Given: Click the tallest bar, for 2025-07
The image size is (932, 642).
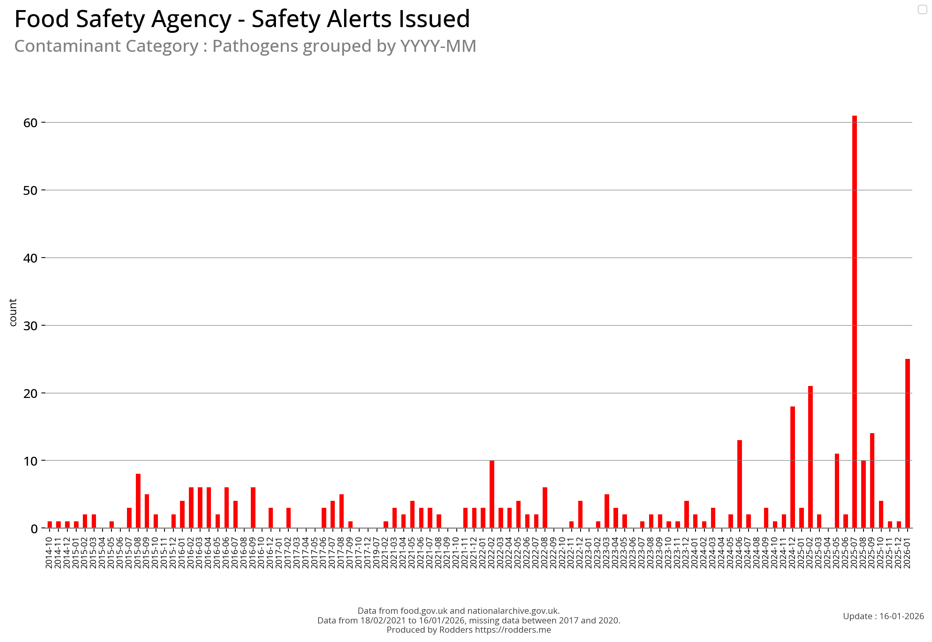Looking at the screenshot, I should pos(854,322).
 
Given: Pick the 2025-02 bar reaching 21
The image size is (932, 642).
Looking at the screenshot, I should pos(810,457).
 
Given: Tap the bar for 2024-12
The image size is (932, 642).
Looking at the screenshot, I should pos(792,467).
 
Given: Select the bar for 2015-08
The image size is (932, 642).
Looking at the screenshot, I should pos(138,501).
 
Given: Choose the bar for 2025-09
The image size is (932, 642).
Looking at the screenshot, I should pos(872,481).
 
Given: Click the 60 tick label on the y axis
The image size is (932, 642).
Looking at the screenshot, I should pos(30,123).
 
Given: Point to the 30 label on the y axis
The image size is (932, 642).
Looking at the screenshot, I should pos(30,326).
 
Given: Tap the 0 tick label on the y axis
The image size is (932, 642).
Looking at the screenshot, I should pos(34,529).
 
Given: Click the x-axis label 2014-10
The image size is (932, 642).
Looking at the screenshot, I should pos(49,553).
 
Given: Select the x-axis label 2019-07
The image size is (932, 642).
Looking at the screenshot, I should pos(377,553).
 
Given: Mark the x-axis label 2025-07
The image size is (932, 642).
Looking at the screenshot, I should pos(854,553).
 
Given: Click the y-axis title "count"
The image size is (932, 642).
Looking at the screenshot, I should pos(13,312).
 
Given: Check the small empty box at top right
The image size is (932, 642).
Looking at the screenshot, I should pos(922,9).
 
